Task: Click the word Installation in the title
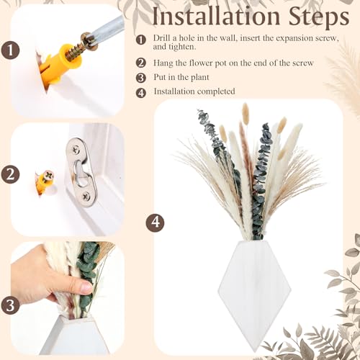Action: (217, 17)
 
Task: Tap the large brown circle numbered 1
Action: (10, 50)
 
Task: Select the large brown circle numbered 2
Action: (10, 174)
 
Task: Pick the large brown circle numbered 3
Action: (10, 305)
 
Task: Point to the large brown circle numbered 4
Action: (155, 222)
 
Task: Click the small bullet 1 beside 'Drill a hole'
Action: (140, 40)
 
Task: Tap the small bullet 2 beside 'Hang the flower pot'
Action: (140, 63)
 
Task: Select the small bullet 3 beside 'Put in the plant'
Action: (140, 78)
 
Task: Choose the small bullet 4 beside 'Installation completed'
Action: (140, 93)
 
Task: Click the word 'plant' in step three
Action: (199, 78)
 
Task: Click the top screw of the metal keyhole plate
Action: (76, 150)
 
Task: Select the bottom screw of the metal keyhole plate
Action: (86, 197)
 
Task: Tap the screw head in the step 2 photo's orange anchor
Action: (49, 175)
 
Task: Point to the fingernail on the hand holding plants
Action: (86, 287)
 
